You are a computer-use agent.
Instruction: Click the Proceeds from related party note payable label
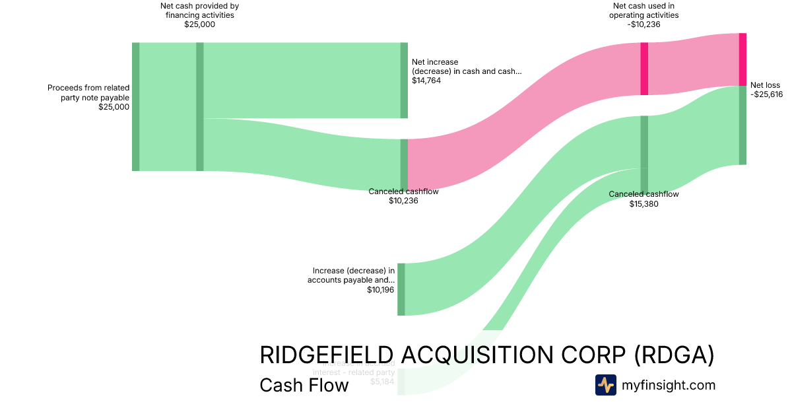coord(88,92)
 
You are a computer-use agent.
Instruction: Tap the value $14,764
coord(426,81)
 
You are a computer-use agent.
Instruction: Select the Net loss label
coord(765,85)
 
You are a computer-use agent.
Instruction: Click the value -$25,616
coord(766,94)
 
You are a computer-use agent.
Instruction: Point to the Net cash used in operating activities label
coord(643,11)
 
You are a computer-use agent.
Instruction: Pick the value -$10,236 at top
coord(643,24)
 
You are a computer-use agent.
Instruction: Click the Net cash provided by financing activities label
coord(199,11)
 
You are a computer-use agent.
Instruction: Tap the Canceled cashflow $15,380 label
coord(643,194)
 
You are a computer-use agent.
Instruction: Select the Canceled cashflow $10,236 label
coord(403,191)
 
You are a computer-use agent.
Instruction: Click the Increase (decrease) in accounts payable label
coord(351,275)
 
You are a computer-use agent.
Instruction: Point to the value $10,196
coord(381,289)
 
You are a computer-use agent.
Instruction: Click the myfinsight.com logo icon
coord(605,385)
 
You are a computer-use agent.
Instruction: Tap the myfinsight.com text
coord(669,385)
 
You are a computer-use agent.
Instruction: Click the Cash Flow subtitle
coord(304,385)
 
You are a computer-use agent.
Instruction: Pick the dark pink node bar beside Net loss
coord(742,59)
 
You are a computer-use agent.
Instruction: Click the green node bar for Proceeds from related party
coord(136,106)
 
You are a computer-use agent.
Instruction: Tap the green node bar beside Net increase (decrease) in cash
coord(404,81)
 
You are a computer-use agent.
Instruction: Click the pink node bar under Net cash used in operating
coord(644,69)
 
